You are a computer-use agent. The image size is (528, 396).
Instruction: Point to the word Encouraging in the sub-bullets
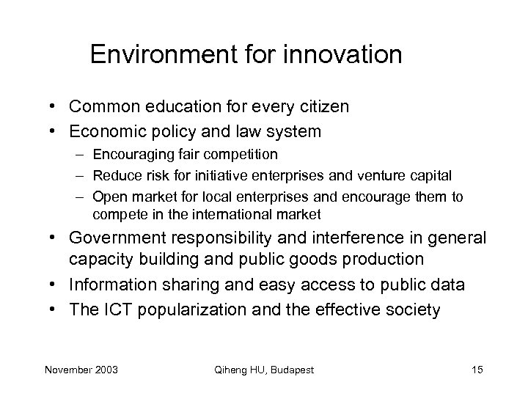click(x=133, y=154)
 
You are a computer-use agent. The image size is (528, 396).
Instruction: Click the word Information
click(x=114, y=285)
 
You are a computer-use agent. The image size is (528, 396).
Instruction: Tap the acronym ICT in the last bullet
click(x=114, y=309)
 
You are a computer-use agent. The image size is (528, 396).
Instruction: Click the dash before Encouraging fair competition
click(x=78, y=154)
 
